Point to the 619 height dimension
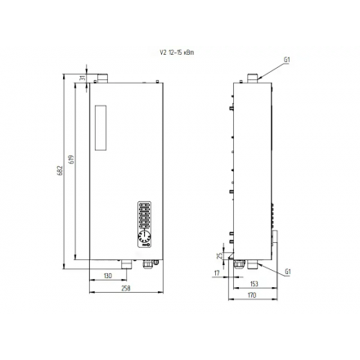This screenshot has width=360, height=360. coord(73,160)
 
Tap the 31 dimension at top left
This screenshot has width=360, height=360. coord(83,79)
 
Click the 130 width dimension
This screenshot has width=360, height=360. coord(108,276)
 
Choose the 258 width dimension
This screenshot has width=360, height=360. coord(126,288)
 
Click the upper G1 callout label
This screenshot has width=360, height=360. coord(287,60)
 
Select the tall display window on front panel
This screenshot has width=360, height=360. coord(101,131)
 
